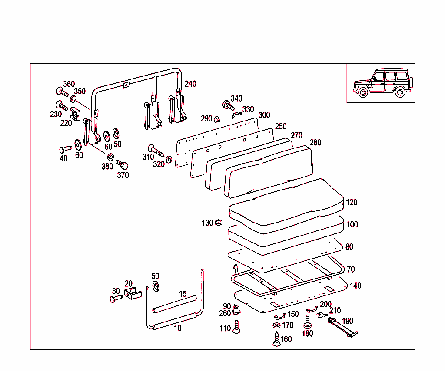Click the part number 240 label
click(190, 84)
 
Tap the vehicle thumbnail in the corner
click(381, 83)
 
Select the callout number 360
click(69, 84)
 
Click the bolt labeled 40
click(65, 149)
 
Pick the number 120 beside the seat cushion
click(352, 202)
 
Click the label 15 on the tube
click(183, 294)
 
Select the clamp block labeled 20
click(132, 293)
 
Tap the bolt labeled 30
click(116, 299)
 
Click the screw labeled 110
click(236, 327)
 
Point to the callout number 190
click(348, 321)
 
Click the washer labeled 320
click(169, 159)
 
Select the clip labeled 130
click(218, 223)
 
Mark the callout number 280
click(315, 143)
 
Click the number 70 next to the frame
click(350, 269)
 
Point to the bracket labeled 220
click(76, 115)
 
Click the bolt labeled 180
click(308, 322)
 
